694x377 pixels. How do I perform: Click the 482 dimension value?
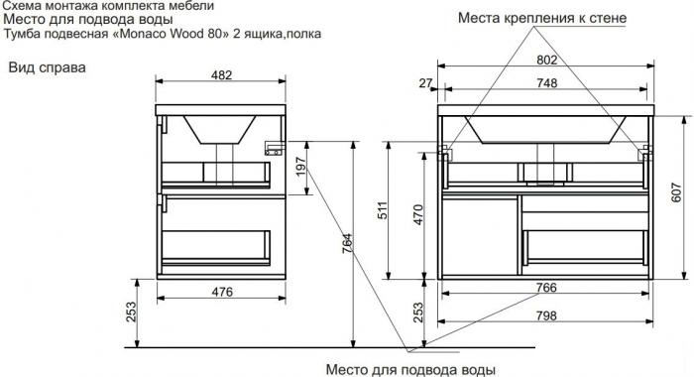[221, 74]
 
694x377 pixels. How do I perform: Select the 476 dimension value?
[222, 292]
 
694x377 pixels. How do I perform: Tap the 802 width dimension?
[546, 60]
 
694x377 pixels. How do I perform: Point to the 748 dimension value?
[546, 83]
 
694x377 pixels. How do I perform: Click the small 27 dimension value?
[425, 83]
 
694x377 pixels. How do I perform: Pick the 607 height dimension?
[677, 192]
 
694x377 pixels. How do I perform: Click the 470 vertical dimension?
[418, 214]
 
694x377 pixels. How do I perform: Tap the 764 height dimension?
[347, 243]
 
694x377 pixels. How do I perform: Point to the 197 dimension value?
[301, 167]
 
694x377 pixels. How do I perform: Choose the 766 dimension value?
[546, 287]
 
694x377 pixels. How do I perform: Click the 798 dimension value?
[546, 315]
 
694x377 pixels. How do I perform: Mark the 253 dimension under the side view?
[131, 312]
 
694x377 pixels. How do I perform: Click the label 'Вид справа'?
[48, 67]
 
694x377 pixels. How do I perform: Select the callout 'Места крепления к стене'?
[542, 18]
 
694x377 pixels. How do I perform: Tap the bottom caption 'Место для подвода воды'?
[410, 369]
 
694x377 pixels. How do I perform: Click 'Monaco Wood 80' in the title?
[168, 34]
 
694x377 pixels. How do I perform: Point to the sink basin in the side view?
[219, 129]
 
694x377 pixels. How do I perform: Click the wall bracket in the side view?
[274, 149]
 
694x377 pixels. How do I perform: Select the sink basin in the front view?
[545, 129]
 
